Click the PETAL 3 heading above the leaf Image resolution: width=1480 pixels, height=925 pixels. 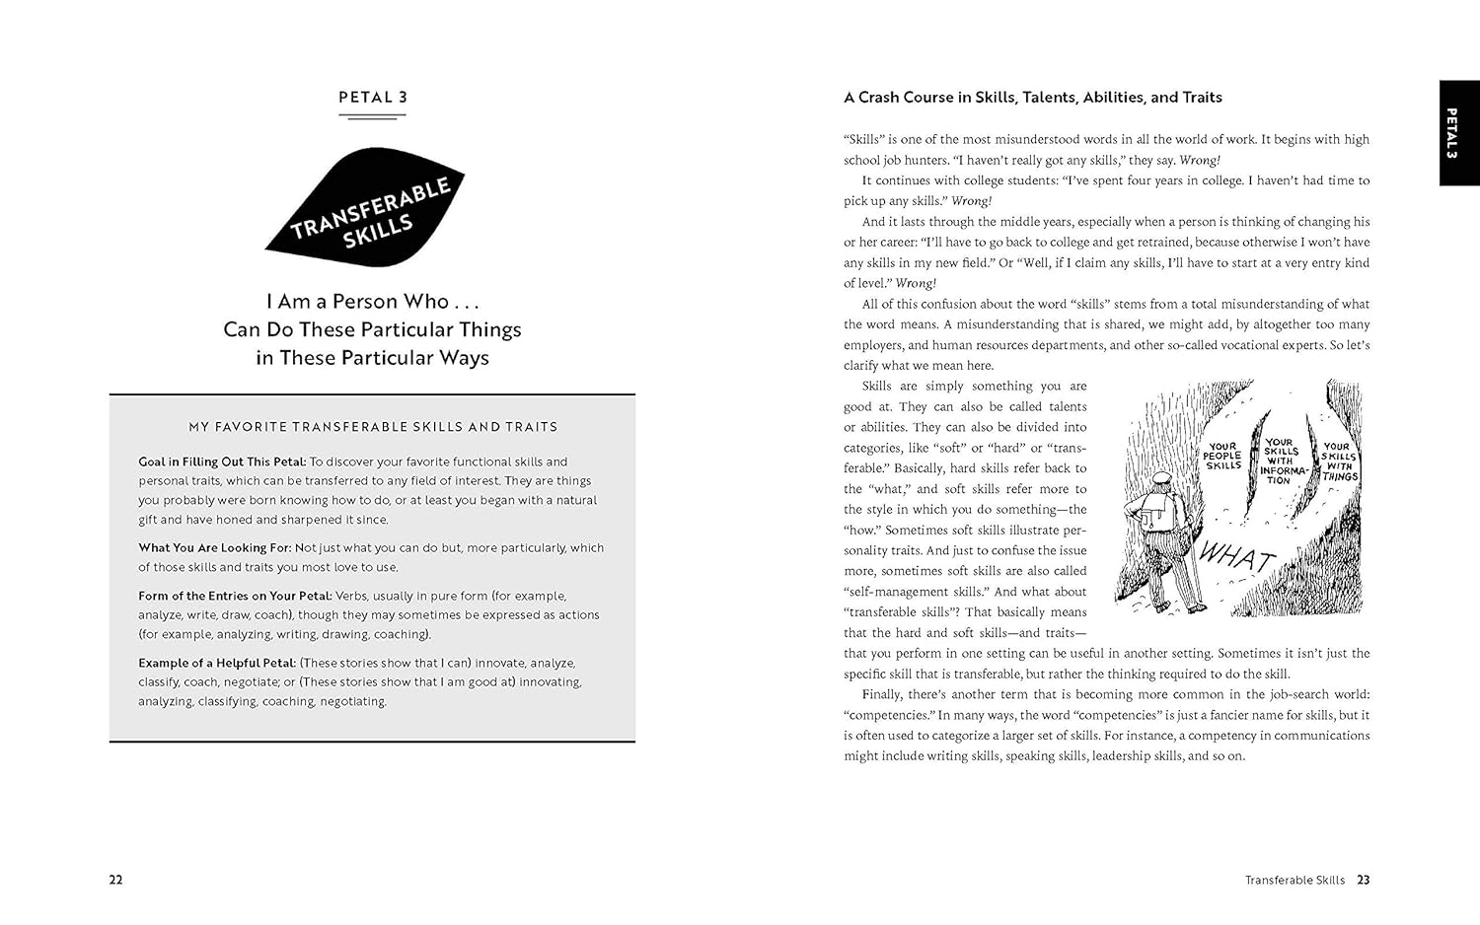pos(372,98)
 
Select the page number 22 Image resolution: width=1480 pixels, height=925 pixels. pos(115,880)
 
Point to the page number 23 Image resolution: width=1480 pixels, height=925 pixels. pos(1363,880)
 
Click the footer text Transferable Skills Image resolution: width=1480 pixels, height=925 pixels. pos(1294,880)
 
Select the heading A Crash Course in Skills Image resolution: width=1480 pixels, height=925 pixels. pos(1032,98)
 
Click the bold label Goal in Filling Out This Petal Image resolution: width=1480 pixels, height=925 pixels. pos(222,462)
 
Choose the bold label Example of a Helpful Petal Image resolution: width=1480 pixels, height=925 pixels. pos(217,663)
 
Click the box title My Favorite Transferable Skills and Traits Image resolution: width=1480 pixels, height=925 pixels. pos(373,427)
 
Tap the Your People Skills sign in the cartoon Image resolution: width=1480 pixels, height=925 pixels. pos(1222,456)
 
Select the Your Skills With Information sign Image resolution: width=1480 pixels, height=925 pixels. pos(1280,461)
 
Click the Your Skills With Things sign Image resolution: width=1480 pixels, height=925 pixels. pos(1339,462)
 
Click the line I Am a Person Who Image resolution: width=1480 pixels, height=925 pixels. pos(372,302)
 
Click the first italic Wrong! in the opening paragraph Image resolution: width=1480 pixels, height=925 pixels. pos(1200,160)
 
